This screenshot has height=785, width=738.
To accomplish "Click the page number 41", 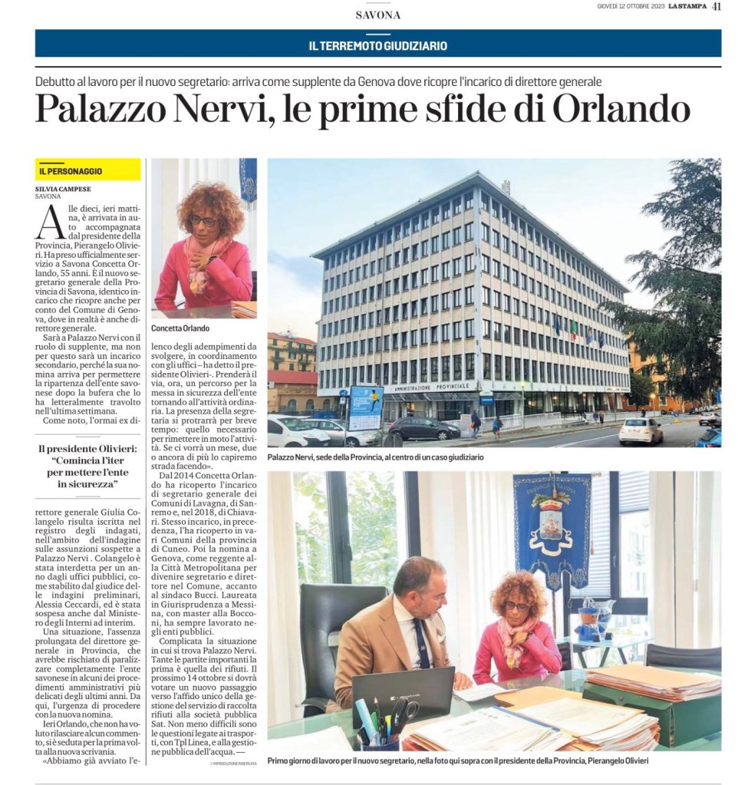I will tap(717, 7).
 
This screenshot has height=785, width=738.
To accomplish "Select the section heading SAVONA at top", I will tap(378, 15).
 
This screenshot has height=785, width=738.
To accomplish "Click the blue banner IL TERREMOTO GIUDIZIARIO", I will tap(378, 45).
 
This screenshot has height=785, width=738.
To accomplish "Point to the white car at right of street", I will tap(641, 431).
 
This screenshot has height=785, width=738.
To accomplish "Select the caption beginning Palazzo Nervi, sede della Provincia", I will tap(375, 457).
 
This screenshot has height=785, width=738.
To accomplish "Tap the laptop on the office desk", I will tap(404, 693).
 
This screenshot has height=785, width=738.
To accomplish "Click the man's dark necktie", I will tap(422, 643).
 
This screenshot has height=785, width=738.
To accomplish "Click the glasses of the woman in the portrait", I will tap(203, 221).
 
